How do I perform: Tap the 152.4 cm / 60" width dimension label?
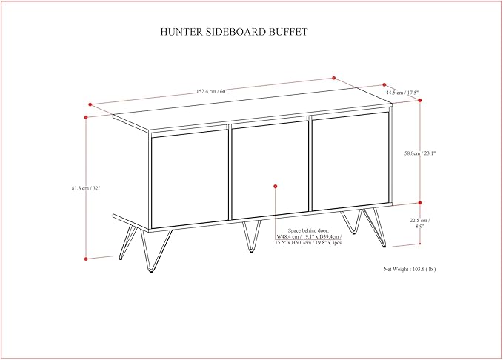(x=211, y=91)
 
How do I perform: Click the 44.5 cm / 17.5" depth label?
(x=402, y=93)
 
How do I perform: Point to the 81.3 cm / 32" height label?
(x=86, y=188)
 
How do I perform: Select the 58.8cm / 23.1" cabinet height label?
(x=420, y=153)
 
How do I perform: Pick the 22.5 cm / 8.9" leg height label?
(x=419, y=223)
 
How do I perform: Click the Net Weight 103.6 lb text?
(x=410, y=269)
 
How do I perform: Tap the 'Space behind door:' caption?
(x=308, y=230)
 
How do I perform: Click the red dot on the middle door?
(x=276, y=187)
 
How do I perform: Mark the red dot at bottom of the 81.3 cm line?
(x=86, y=259)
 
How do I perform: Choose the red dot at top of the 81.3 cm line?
(x=86, y=118)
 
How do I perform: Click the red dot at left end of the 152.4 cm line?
(x=90, y=104)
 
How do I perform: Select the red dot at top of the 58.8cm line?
(x=420, y=101)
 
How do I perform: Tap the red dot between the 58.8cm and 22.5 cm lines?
(x=420, y=203)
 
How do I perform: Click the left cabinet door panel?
(x=190, y=179)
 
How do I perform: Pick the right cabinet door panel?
(x=350, y=161)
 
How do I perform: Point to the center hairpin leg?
(x=252, y=236)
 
